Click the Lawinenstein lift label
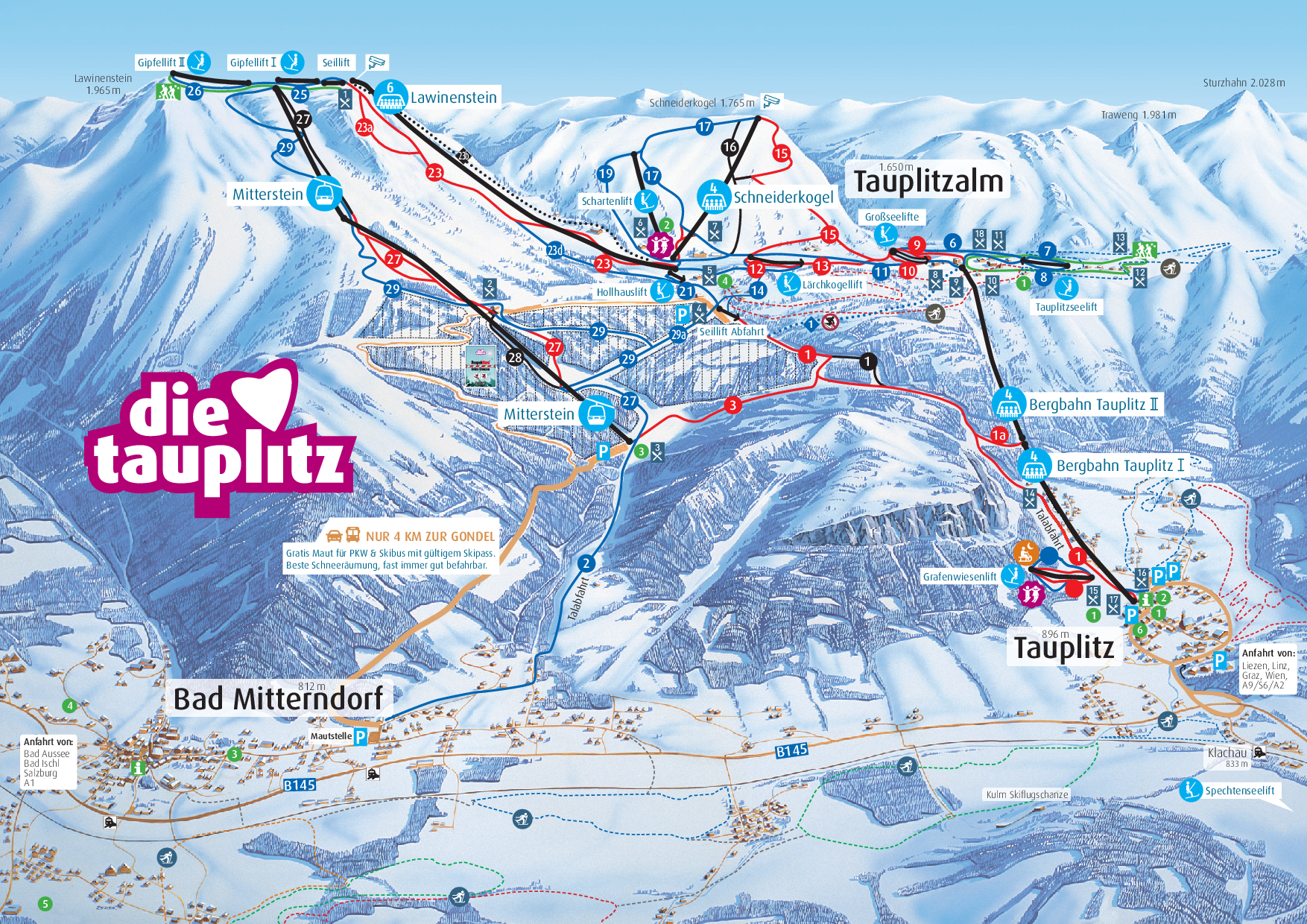453,98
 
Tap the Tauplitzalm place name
928,182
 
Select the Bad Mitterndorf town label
278,699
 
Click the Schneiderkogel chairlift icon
713,197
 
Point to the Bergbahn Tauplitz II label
1093,405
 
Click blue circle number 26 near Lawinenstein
194,92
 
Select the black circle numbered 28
515,358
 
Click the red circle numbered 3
733,405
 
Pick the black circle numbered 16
730,147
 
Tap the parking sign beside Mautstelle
361,737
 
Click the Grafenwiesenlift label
959,577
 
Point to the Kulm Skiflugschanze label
1027,794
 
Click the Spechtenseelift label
1239,791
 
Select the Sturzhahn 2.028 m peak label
1243,83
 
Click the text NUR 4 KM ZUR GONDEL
429,537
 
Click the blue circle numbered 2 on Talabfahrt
587,563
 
